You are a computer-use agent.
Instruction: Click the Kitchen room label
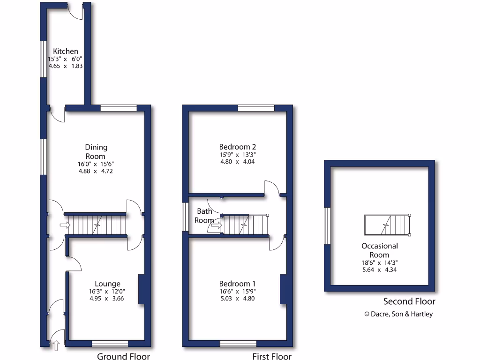tap(65, 51)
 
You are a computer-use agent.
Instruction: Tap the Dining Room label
tap(96, 151)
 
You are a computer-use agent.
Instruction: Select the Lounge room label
tap(107, 284)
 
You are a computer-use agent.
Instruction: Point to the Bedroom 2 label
tap(238, 147)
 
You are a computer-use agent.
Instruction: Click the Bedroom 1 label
tap(238, 284)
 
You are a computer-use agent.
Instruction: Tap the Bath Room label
tap(204, 215)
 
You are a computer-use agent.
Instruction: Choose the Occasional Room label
tap(380, 250)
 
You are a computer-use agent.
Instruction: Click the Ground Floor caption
tap(123, 356)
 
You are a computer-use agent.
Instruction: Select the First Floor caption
tap(272, 356)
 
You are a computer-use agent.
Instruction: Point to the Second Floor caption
tap(409, 301)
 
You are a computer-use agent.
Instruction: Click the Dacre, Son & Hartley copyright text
tap(398, 314)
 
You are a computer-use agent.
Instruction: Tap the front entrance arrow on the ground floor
tap(56, 346)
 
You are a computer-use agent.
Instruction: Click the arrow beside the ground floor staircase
tap(65, 225)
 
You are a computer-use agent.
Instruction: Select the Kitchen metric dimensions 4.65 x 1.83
tap(66, 67)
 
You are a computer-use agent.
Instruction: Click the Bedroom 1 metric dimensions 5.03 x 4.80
tap(238, 299)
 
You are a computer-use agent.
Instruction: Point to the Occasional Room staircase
tap(387, 225)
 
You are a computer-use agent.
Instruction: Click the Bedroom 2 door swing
tap(271, 187)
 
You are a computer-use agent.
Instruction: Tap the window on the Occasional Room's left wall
tap(327, 226)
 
